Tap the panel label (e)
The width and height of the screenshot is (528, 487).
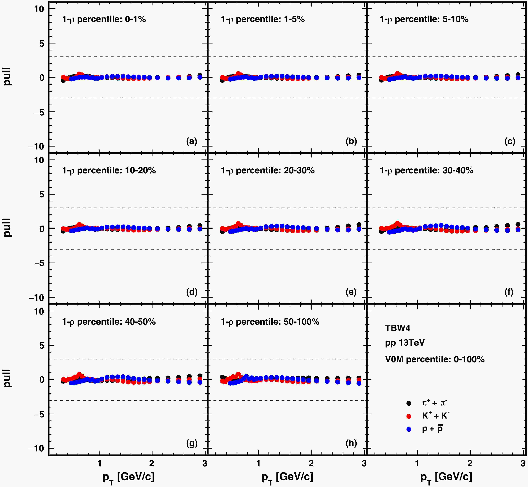coord(351,292)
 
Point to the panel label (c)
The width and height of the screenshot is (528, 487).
coord(510,142)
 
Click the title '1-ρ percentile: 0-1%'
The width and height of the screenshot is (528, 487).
coord(104,19)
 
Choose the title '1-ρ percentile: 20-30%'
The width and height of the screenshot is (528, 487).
coord(268,170)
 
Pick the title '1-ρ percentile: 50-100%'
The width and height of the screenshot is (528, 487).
coord(270,322)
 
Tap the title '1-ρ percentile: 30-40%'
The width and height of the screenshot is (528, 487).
coord(426,170)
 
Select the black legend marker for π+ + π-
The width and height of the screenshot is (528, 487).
coord(409,403)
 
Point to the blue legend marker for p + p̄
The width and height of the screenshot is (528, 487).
coord(409,429)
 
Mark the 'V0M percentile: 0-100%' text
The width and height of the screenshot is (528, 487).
coord(435,359)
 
